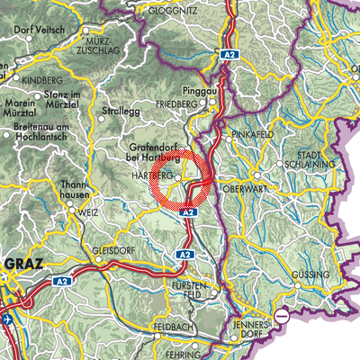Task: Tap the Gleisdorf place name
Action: click(x=112, y=251)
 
